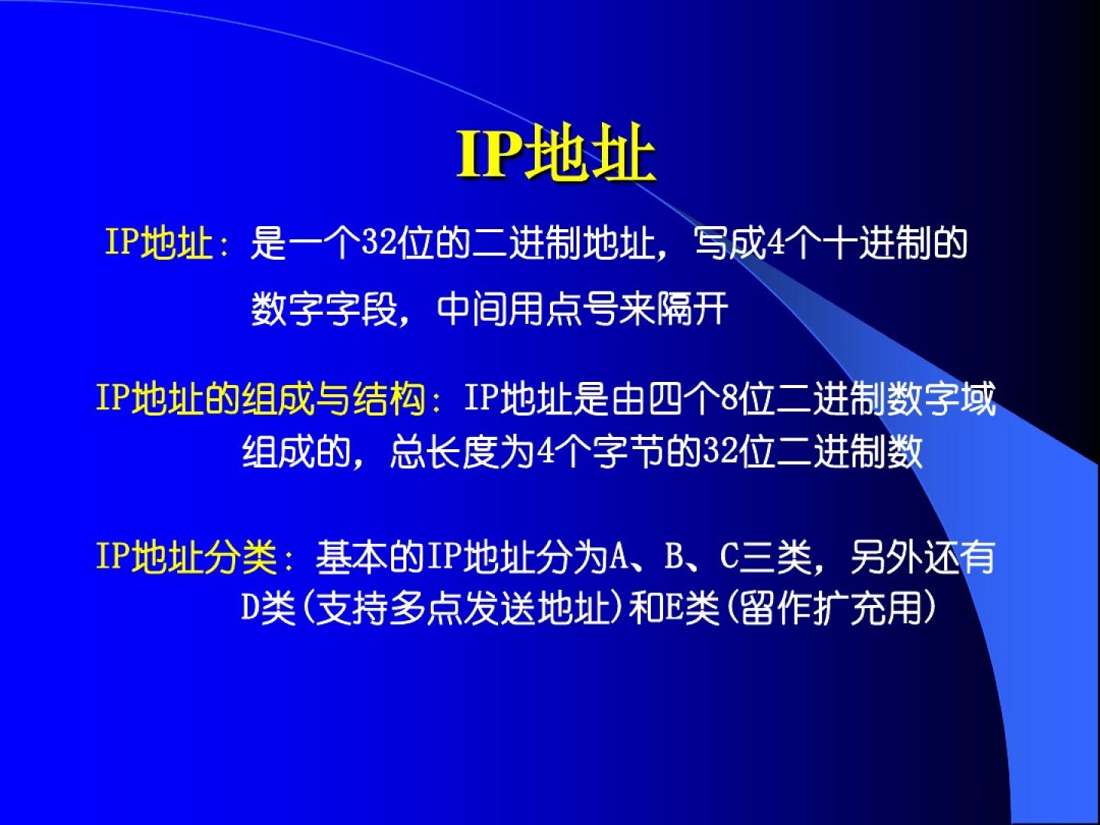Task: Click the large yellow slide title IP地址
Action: tap(556, 152)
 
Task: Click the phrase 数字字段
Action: tap(324, 309)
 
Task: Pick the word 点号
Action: tap(582, 309)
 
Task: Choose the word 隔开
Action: tap(691, 309)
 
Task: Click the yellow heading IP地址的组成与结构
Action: tap(260, 399)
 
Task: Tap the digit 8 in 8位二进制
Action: tap(731, 399)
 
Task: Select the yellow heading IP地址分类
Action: tap(187, 557)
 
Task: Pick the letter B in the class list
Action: tap(674, 557)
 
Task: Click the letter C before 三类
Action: tap(730, 557)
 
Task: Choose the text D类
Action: tap(268, 608)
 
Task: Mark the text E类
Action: tap(691, 608)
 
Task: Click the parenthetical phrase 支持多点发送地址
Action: tap(463, 608)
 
